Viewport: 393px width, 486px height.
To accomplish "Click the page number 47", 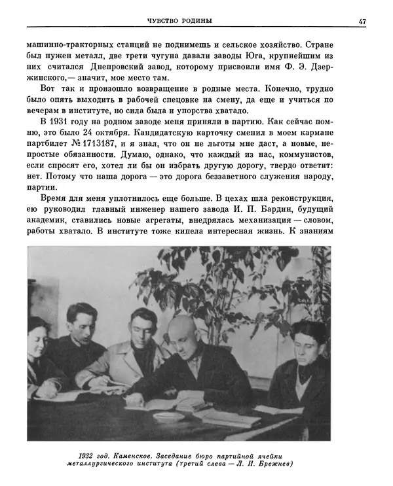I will coord(362,21).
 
